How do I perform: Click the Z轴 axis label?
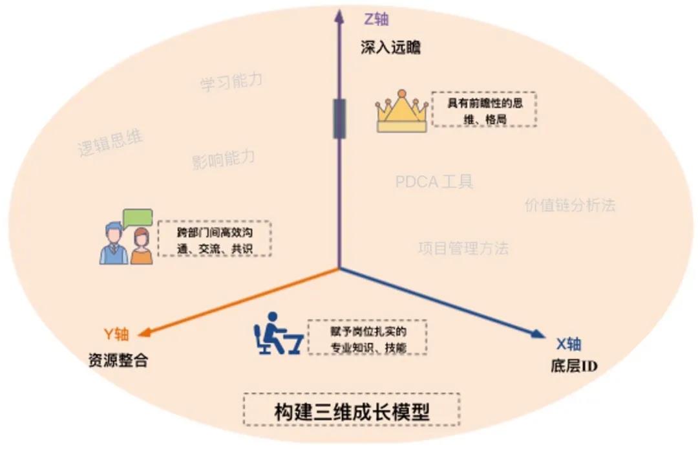pos(377,19)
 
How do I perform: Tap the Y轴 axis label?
pos(117,334)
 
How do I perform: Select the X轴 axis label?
pos(569,344)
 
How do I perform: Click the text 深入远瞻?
pos(390,47)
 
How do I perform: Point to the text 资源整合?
pos(118,360)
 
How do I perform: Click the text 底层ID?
pos(571,367)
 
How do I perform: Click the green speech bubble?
pos(138,217)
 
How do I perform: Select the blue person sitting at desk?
pos(276,334)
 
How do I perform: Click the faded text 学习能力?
pos(231,82)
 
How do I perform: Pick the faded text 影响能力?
pos(223,159)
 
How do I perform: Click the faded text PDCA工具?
pos(434,182)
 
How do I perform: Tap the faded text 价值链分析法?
pos(570,206)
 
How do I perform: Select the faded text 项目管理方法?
pos(463,248)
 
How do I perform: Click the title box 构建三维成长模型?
pos(352,410)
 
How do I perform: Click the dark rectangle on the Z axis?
pos(339,118)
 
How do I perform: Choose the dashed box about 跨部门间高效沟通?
pos(214,239)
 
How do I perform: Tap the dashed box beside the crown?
pos(484,109)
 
